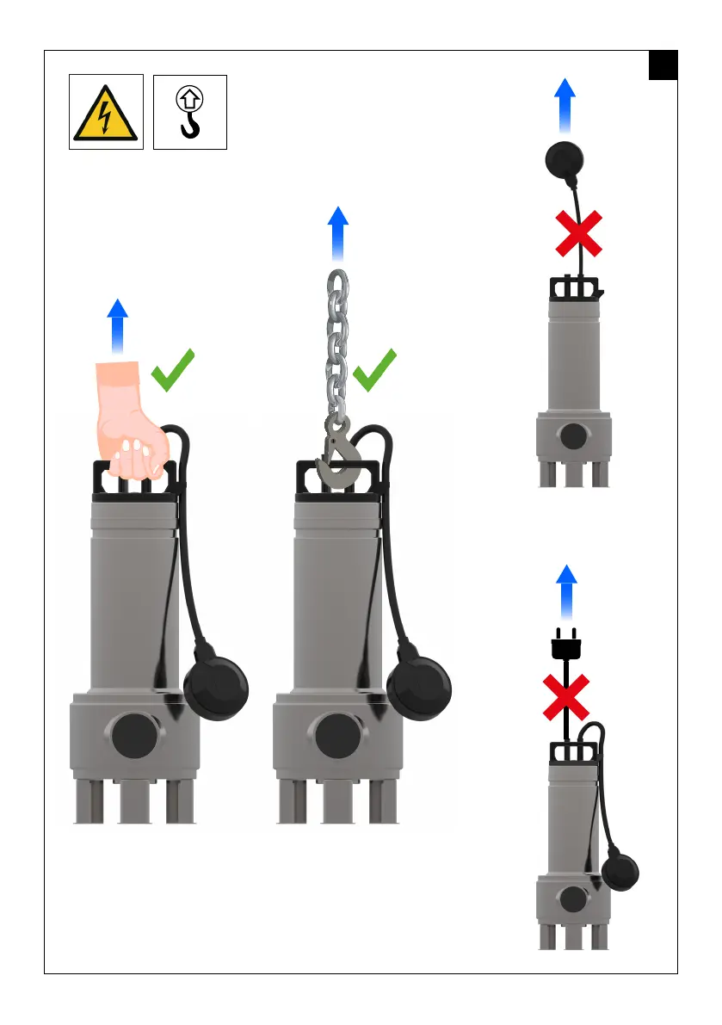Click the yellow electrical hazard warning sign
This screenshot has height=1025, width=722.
106,112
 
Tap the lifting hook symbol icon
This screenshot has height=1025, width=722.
189,112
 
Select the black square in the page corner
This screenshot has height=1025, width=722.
663,65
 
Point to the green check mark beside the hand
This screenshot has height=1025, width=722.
172,371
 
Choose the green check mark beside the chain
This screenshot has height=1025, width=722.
375,371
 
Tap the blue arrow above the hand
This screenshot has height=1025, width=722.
118,326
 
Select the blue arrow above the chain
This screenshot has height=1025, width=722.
339,232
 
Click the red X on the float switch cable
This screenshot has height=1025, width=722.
579,234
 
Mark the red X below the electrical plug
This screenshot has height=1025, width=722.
565,697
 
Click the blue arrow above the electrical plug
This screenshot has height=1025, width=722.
565,592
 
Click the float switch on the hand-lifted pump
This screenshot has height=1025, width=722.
217,688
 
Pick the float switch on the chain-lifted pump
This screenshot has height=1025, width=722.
419,688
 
